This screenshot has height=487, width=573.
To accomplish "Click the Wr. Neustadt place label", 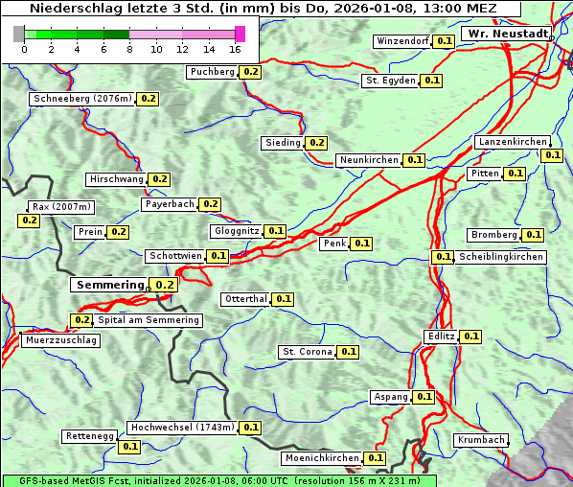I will coord(507,34).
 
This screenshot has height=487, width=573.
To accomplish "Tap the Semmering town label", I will coord(109,285).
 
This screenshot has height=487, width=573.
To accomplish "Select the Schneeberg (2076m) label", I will coord(81,99).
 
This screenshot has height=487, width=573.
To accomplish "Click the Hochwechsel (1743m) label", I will coord(181,428).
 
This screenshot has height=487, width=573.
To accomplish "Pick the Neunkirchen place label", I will coord(368,160).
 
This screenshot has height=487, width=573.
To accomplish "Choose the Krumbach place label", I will coord(481,440).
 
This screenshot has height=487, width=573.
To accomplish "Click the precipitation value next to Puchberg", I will coord(250,72).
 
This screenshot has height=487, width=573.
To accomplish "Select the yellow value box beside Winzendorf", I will coord(444,41).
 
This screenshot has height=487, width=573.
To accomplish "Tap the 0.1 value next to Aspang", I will coord(424,397).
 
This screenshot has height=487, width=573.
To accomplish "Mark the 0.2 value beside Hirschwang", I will coord(159,179).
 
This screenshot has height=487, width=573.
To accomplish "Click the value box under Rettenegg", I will coord(129,447).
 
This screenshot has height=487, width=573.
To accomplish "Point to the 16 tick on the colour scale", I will coord(236,49).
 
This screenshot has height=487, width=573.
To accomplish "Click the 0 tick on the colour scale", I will coord(23,49).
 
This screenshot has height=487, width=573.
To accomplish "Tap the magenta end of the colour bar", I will coord(240,34).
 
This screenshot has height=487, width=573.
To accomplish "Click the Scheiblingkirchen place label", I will coord(501,257).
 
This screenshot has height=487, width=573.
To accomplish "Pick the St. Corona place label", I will coord(307,352).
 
